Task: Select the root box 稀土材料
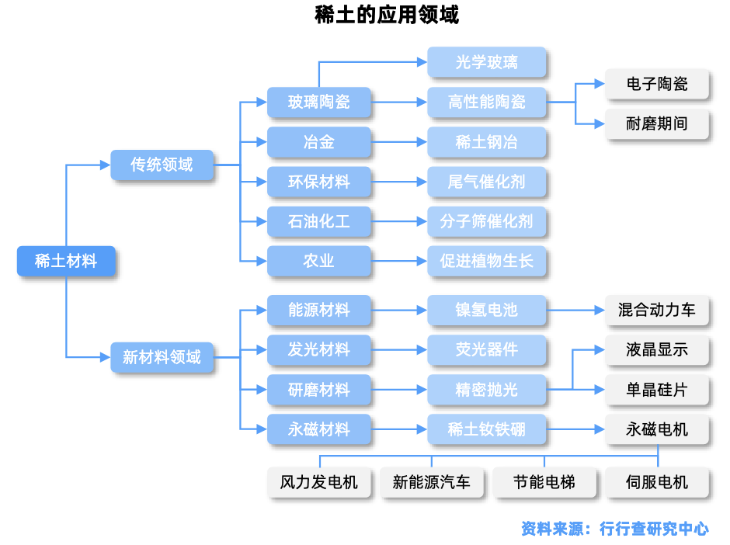pos(66,261)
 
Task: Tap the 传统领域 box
pos(162,165)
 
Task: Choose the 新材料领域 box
pos(162,357)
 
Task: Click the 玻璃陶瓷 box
pos(319,102)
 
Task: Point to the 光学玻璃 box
pos(487,62)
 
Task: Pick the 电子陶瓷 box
pos(657,83)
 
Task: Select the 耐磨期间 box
pos(657,123)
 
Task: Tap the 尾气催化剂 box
pos(487,182)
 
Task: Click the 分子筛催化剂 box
pos(487,221)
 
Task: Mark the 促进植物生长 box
pos(487,261)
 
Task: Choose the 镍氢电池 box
pos(487,310)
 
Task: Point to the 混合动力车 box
pos(657,310)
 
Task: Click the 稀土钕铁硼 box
pos(487,429)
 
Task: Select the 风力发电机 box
pos(319,482)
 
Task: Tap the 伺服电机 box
pos(657,482)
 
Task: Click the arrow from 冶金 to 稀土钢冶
pos(399,142)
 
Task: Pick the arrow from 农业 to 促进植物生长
pos(399,261)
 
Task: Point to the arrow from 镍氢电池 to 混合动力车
pos(575,310)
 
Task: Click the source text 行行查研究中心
pos(654,529)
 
